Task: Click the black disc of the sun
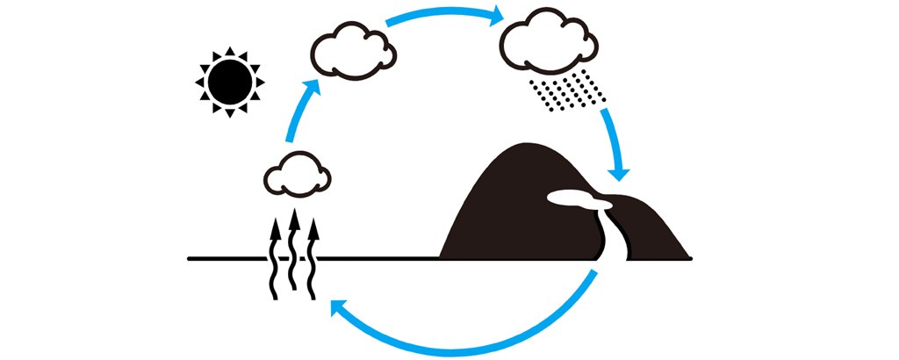(228, 81)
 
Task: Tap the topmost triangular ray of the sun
(229, 51)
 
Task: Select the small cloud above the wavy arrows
(295, 175)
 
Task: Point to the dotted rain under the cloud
(566, 92)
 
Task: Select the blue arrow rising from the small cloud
(298, 110)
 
